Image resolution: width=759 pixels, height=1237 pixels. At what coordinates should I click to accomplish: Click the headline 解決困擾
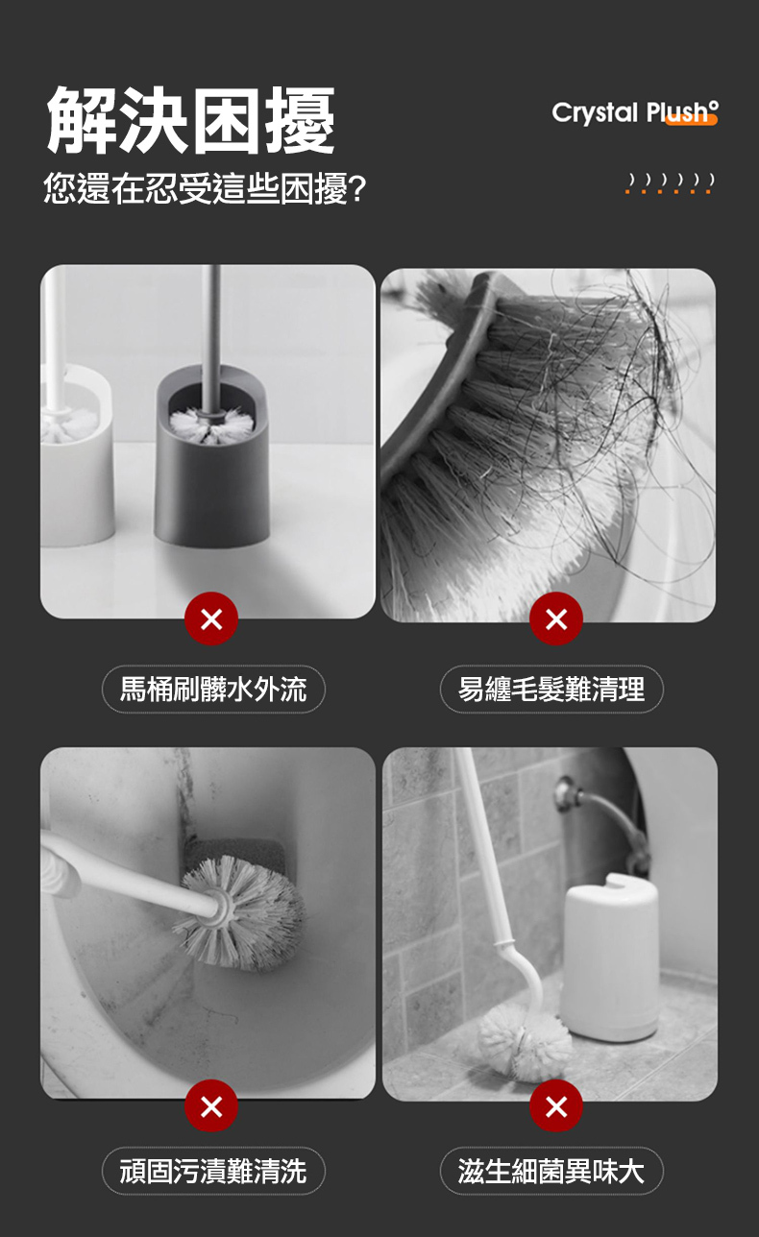point(191,121)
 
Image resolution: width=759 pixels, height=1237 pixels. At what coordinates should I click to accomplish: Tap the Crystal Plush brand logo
point(634,113)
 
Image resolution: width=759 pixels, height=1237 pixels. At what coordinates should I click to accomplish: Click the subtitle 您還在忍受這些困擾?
point(205,188)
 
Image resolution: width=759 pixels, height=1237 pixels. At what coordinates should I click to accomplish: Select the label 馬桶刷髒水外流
point(213,689)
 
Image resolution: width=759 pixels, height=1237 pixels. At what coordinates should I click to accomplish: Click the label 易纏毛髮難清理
point(551,689)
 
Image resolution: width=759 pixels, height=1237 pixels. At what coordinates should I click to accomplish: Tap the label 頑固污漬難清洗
point(213,1171)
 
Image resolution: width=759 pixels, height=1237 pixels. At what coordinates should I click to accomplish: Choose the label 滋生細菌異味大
point(551,1171)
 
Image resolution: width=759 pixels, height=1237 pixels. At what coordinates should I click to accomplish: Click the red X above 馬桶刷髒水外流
point(211,619)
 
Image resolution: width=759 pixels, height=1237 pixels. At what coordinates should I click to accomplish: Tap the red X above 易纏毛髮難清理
point(555,619)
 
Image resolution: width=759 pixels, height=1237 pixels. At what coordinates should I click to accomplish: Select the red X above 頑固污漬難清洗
point(211,1106)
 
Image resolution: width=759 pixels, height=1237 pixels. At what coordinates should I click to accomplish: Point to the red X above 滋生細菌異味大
point(555,1106)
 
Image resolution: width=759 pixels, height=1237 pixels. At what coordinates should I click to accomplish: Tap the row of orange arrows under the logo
point(670,182)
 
